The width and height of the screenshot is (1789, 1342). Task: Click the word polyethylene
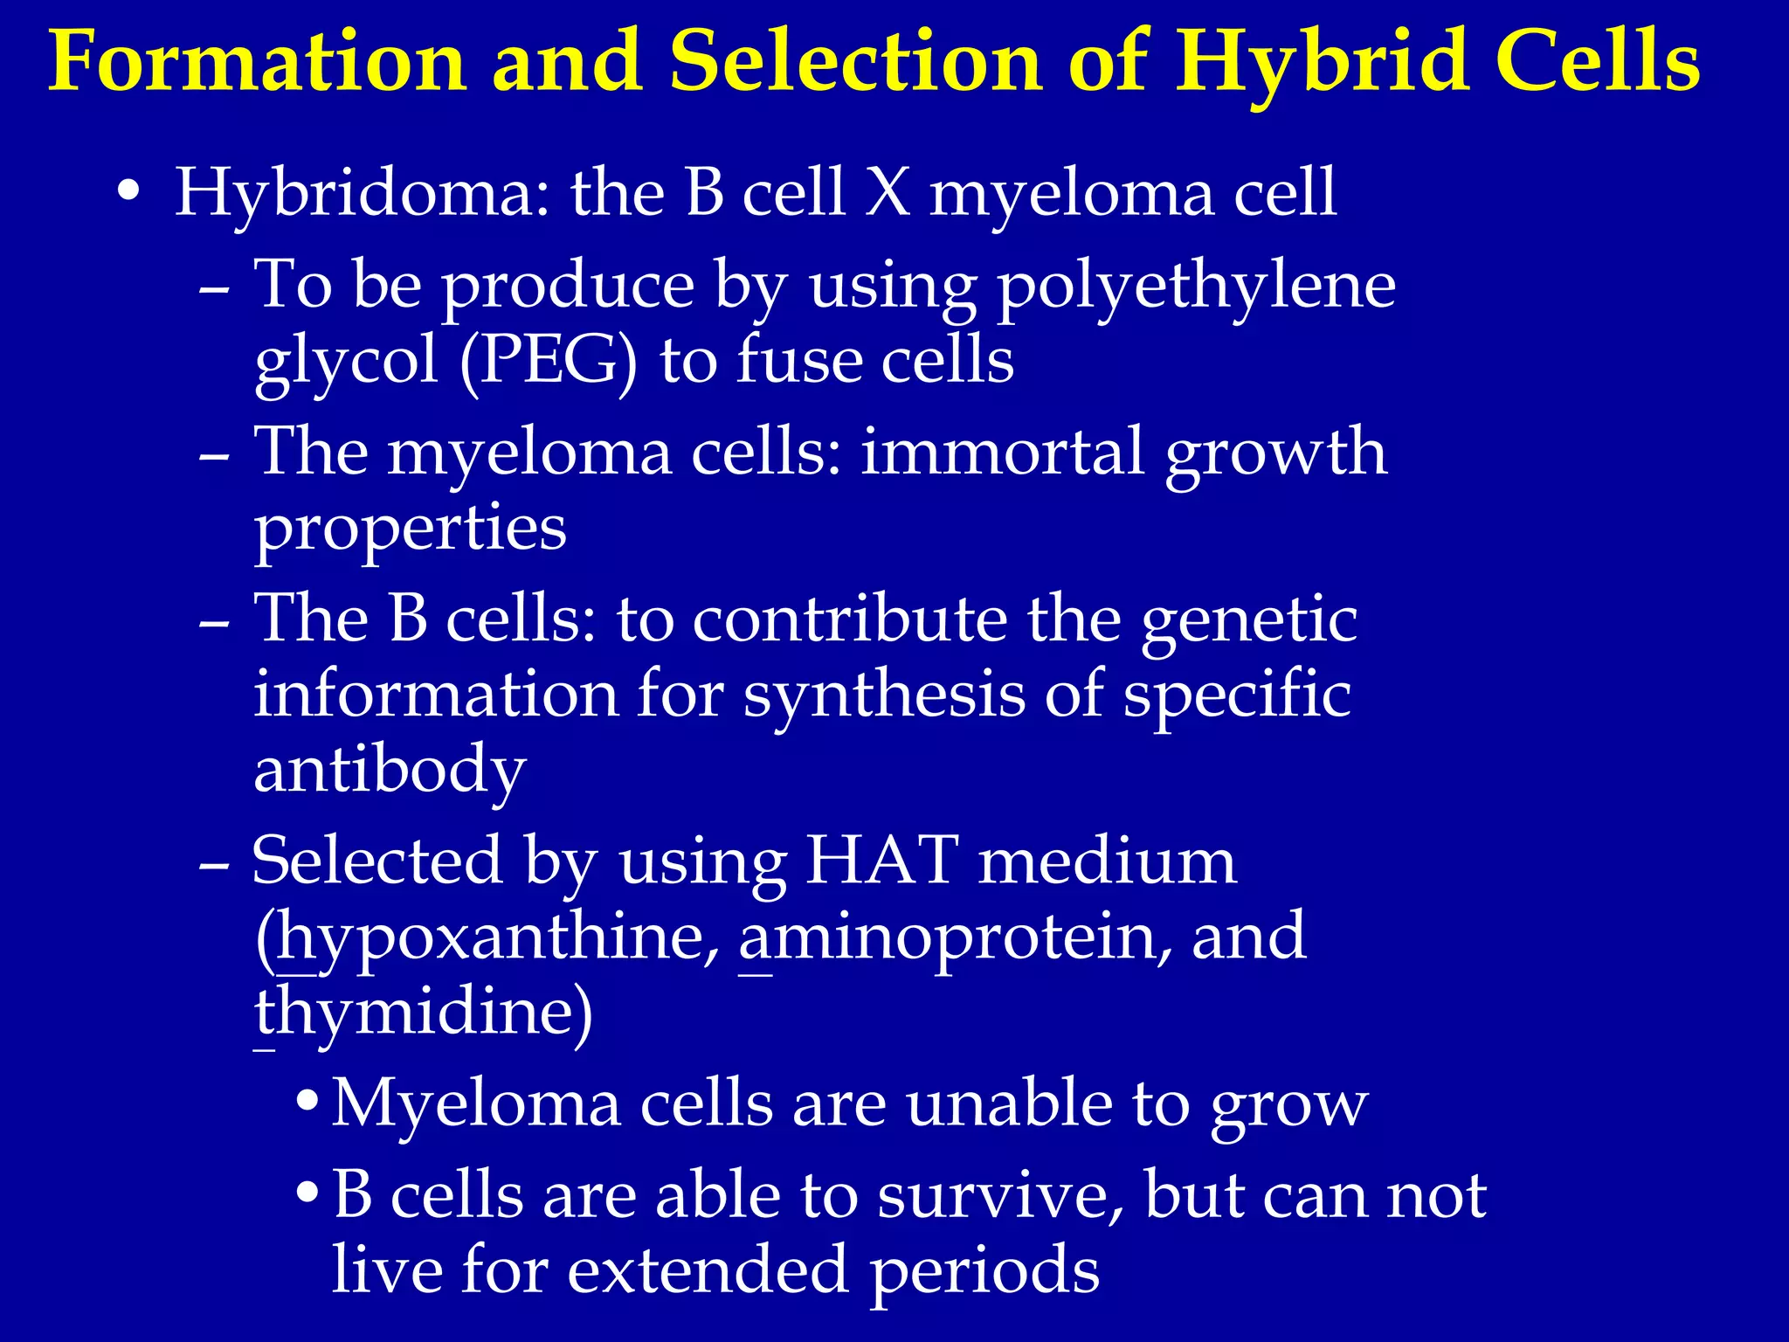[x=1197, y=286]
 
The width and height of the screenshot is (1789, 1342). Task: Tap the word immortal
[x=1002, y=452]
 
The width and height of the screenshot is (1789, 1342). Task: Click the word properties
[x=410, y=529]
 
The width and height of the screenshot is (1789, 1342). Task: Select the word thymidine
[x=423, y=1012]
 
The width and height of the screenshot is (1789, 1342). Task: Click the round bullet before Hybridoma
[x=128, y=191]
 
